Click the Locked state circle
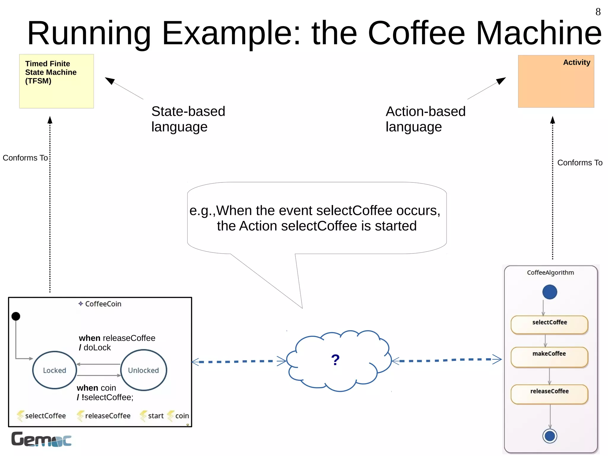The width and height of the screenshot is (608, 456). (x=54, y=370)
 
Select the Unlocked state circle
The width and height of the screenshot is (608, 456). (x=143, y=370)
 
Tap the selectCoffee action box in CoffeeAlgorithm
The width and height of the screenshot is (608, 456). (x=549, y=324)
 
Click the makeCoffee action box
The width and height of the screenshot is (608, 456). (x=549, y=356)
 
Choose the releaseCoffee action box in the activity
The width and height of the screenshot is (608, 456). (x=549, y=394)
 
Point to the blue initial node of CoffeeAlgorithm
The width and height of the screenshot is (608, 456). (x=550, y=292)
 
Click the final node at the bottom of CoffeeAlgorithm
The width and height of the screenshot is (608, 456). (x=550, y=436)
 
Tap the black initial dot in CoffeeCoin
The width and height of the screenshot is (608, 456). (x=16, y=316)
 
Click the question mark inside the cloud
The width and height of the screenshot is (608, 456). (x=335, y=360)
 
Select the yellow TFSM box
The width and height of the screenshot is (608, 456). (x=56, y=81)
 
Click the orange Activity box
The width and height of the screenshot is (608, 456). (x=556, y=81)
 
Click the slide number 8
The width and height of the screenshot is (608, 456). (x=598, y=12)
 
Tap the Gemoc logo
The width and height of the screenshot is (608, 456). (x=41, y=439)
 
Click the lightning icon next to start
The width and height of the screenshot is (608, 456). (x=143, y=416)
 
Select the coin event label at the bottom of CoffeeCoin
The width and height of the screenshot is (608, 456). (x=182, y=416)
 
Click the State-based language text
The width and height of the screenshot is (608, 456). (x=188, y=119)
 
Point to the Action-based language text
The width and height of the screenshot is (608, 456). (x=425, y=119)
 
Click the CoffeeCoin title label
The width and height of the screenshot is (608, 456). (x=103, y=304)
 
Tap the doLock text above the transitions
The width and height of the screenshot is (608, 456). (x=97, y=348)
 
